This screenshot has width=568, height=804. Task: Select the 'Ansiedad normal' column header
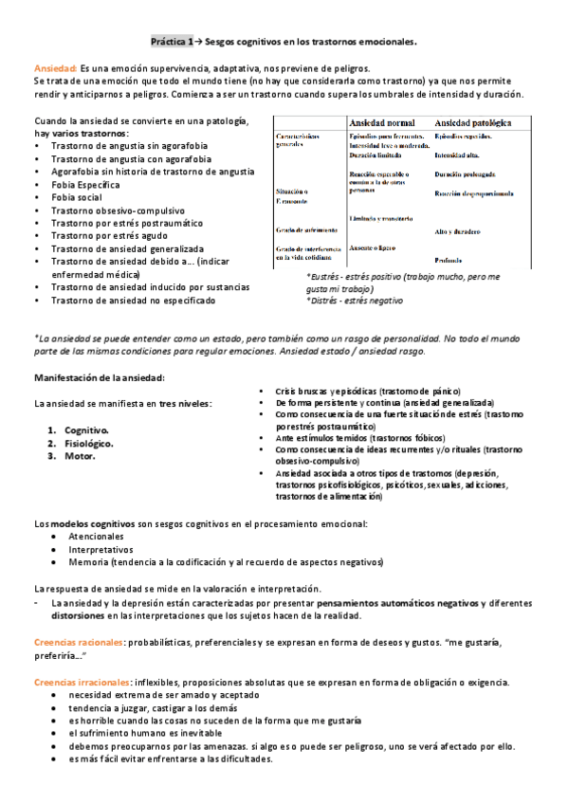tap(382, 124)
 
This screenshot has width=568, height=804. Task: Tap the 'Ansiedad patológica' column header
tap(475, 124)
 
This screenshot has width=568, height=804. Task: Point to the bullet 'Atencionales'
tap(96, 536)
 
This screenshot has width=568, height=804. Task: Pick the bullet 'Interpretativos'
tap(100, 549)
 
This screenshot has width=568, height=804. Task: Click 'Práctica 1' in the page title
tap(172, 43)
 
